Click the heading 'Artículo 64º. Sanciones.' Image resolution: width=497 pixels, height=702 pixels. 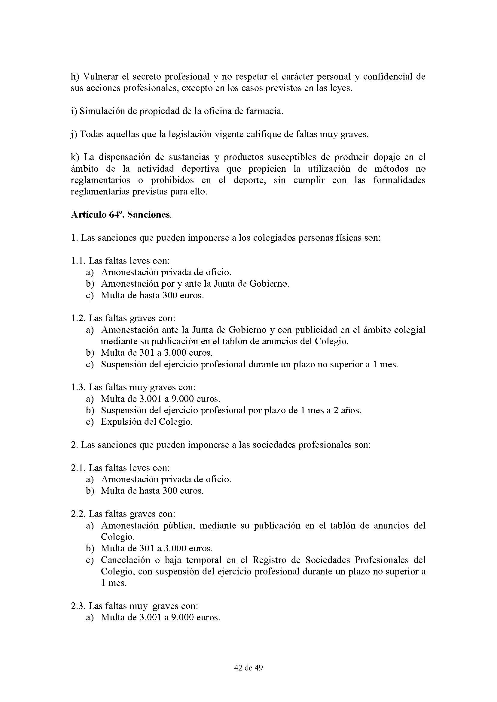[121, 215]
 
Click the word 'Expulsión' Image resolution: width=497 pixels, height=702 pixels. [119, 422]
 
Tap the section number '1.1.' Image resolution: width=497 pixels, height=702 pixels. [78, 261]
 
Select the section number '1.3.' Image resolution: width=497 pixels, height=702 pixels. [78, 387]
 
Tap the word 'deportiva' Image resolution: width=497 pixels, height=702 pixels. [200, 169]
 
